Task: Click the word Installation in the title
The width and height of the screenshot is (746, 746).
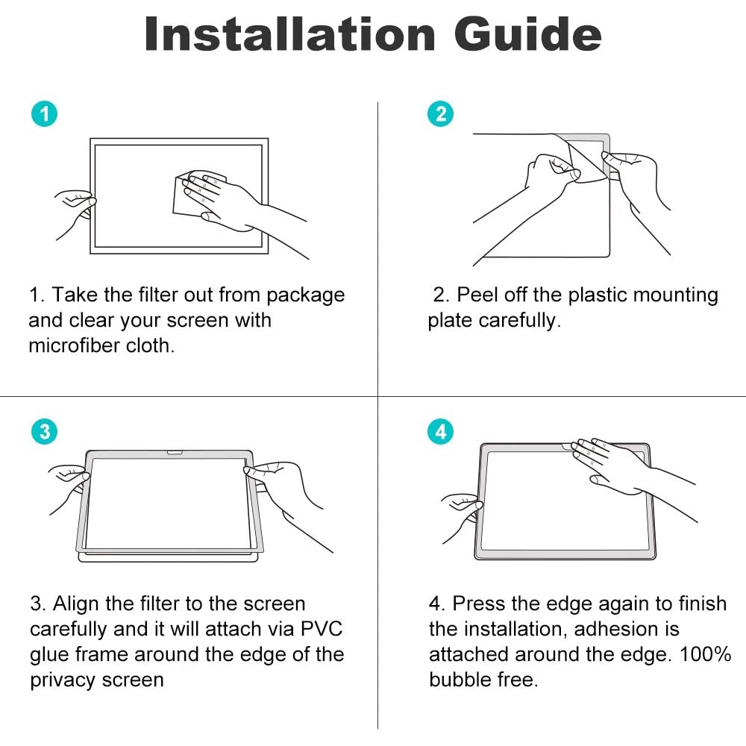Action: pyautogui.click(x=289, y=34)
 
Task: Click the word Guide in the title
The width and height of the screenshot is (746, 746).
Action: pyautogui.click(x=527, y=34)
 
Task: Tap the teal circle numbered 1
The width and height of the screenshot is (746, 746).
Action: pyautogui.click(x=44, y=114)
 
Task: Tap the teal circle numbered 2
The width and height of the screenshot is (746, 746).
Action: pyautogui.click(x=440, y=114)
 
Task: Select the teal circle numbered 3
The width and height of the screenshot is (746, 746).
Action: pyautogui.click(x=44, y=432)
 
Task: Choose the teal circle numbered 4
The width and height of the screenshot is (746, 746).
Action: pyautogui.click(x=440, y=432)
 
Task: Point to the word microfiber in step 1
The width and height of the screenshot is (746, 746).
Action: pyautogui.click(x=74, y=345)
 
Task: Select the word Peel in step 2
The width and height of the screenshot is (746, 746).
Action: pyautogui.click(x=477, y=295)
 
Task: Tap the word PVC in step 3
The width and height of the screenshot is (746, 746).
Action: pyautogui.click(x=322, y=629)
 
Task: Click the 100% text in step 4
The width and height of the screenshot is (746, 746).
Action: pyautogui.click(x=705, y=654)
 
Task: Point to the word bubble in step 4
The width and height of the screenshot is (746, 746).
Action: pyautogui.click(x=460, y=680)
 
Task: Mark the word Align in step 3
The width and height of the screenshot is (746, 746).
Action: pyautogui.click(x=75, y=604)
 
